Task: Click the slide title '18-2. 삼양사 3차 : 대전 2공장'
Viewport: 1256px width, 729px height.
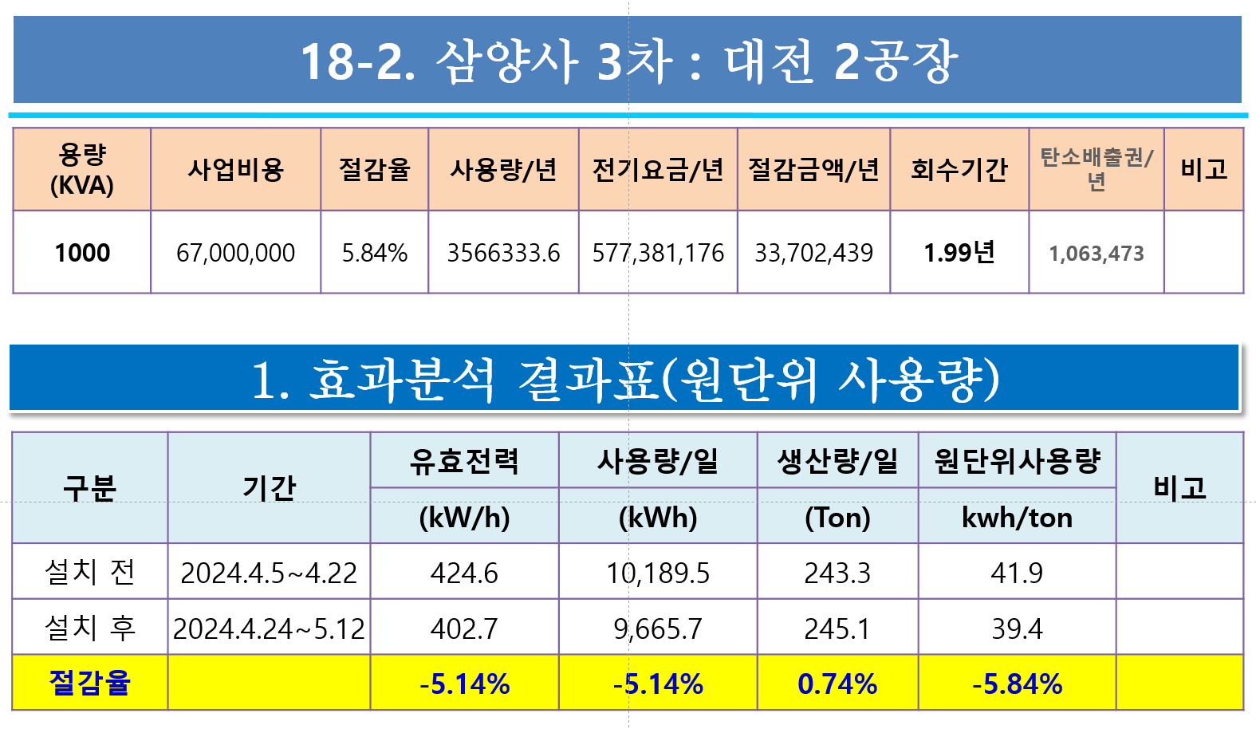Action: (x=629, y=61)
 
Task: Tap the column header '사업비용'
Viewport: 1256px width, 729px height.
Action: (x=235, y=169)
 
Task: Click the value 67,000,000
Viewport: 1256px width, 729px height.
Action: (x=235, y=253)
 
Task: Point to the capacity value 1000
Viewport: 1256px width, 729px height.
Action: (x=82, y=253)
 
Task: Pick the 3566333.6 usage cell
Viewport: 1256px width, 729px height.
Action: (x=503, y=253)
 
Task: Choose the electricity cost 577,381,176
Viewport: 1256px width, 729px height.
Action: (x=658, y=253)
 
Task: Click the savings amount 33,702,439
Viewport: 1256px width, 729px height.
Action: (x=813, y=253)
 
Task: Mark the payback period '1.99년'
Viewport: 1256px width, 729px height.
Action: (x=959, y=252)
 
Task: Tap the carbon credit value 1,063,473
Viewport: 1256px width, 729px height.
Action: (x=1097, y=254)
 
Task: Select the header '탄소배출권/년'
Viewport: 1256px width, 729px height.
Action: (x=1097, y=169)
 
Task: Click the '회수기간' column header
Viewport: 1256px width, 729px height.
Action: (x=959, y=169)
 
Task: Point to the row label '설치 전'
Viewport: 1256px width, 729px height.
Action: (x=89, y=572)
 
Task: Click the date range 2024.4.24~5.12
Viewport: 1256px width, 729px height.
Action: (x=270, y=629)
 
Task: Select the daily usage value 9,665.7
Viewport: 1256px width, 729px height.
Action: (x=658, y=629)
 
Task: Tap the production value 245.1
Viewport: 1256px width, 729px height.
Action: (x=837, y=629)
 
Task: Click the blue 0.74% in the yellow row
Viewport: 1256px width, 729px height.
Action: (x=837, y=684)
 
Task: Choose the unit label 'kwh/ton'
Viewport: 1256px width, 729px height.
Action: (x=1017, y=517)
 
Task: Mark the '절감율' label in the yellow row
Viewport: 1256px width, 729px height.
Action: (x=89, y=683)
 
